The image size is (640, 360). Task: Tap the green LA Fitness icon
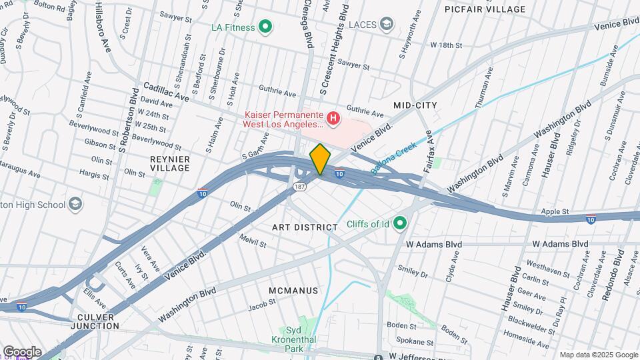[x=265, y=27]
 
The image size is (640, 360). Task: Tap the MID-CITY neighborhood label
[x=415, y=105]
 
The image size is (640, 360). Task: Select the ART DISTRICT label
[x=305, y=227]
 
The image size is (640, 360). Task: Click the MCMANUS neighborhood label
[x=293, y=291]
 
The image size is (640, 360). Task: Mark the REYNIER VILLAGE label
[x=170, y=164]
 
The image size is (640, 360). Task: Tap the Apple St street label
[x=555, y=211]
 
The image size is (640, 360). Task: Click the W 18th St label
[x=446, y=45]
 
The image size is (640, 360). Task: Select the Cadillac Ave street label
[x=163, y=91]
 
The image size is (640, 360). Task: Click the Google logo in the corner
[x=22, y=352]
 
